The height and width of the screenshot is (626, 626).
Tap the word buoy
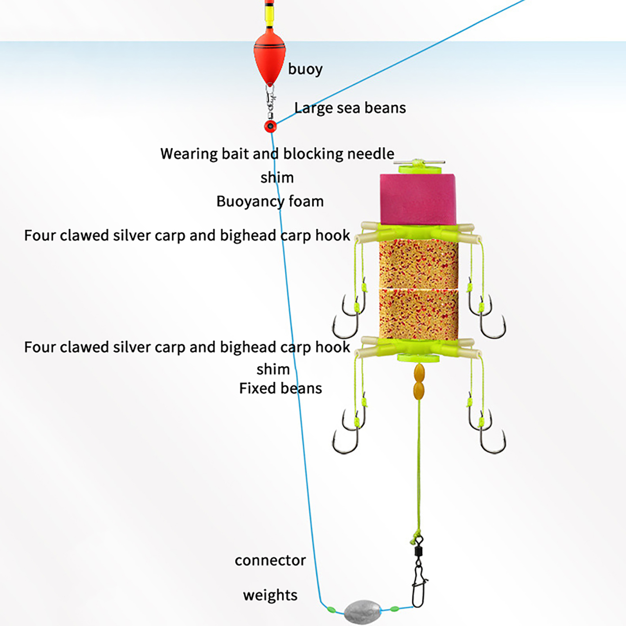pyautogui.click(x=305, y=69)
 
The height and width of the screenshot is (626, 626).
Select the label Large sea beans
pyautogui.click(x=350, y=108)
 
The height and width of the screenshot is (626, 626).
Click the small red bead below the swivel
pyautogui.click(x=270, y=126)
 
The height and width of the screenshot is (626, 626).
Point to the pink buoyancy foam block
pyautogui.click(x=417, y=200)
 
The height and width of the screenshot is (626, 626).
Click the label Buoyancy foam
pyautogui.click(x=270, y=201)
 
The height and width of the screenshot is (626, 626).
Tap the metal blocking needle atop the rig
pyautogui.click(x=419, y=162)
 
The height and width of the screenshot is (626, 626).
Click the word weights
pyautogui.click(x=270, y=595)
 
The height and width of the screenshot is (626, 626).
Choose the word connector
pyautogui.click(x=270, y=561)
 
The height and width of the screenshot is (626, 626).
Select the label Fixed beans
pyautogui.click(x=280, y=389)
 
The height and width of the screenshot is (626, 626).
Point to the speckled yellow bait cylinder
pyautogui.click(x=418, y=290)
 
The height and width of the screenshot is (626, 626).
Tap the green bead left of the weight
pyautogui.click(x=331, y=609)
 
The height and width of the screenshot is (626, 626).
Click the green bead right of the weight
pyautogui.click(x=394, y=609)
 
